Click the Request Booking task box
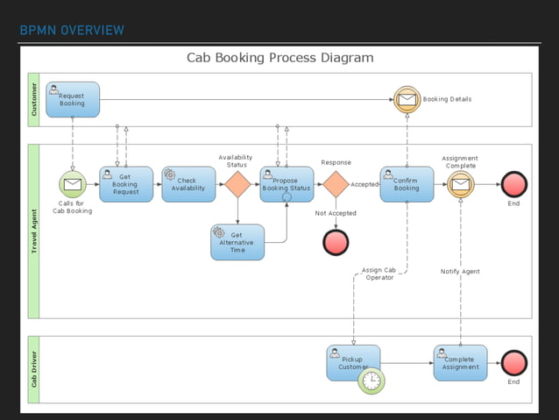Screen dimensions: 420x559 point(73,99)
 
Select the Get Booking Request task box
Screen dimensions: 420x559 point(126,184)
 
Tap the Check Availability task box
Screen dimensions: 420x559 point(188,184)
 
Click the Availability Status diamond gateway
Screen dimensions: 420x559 point(237,184)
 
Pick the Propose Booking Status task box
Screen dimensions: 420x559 point(287,184)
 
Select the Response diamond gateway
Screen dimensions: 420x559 point(336,184)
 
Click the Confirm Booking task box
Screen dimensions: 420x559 point(407,184)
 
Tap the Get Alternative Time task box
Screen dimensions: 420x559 point(237,242)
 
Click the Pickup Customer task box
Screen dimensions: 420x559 point(352,361)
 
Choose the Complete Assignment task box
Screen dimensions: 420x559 point(460,362)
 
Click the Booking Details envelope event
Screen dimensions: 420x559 point(407,99)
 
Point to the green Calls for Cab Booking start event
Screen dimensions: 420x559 point(73,184)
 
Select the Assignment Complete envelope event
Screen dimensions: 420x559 point(460,184)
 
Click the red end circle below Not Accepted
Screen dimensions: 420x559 point(336,242)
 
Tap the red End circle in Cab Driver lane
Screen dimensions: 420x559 point(513,363)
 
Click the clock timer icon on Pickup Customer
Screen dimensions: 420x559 point(371,381)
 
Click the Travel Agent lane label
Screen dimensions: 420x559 point(34,231)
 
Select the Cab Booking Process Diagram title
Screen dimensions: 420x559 point(279,58)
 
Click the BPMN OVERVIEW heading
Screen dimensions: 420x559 point(72,31)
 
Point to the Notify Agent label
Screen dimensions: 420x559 point(460,272)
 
